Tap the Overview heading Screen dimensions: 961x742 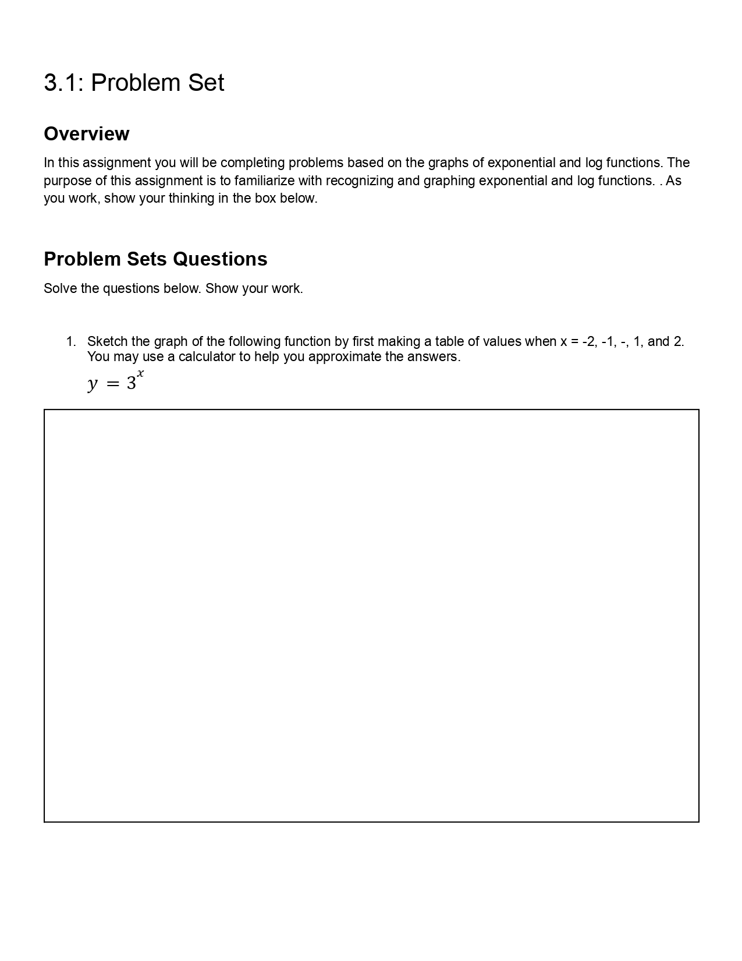click(86, 134)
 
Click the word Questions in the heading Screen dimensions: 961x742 click(220, 259)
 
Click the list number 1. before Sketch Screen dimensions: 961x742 click(71, 341)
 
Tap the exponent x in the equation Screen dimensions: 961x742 click(140, 373)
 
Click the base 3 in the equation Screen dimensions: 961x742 click(132, 384)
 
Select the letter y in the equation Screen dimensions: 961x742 click(92, 384)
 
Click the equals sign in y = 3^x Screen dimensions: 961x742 click(113, 384)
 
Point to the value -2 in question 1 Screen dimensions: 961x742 click(589, 341)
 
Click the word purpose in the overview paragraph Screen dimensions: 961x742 click(67, 181)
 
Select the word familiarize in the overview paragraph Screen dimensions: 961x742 click(264, 181)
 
